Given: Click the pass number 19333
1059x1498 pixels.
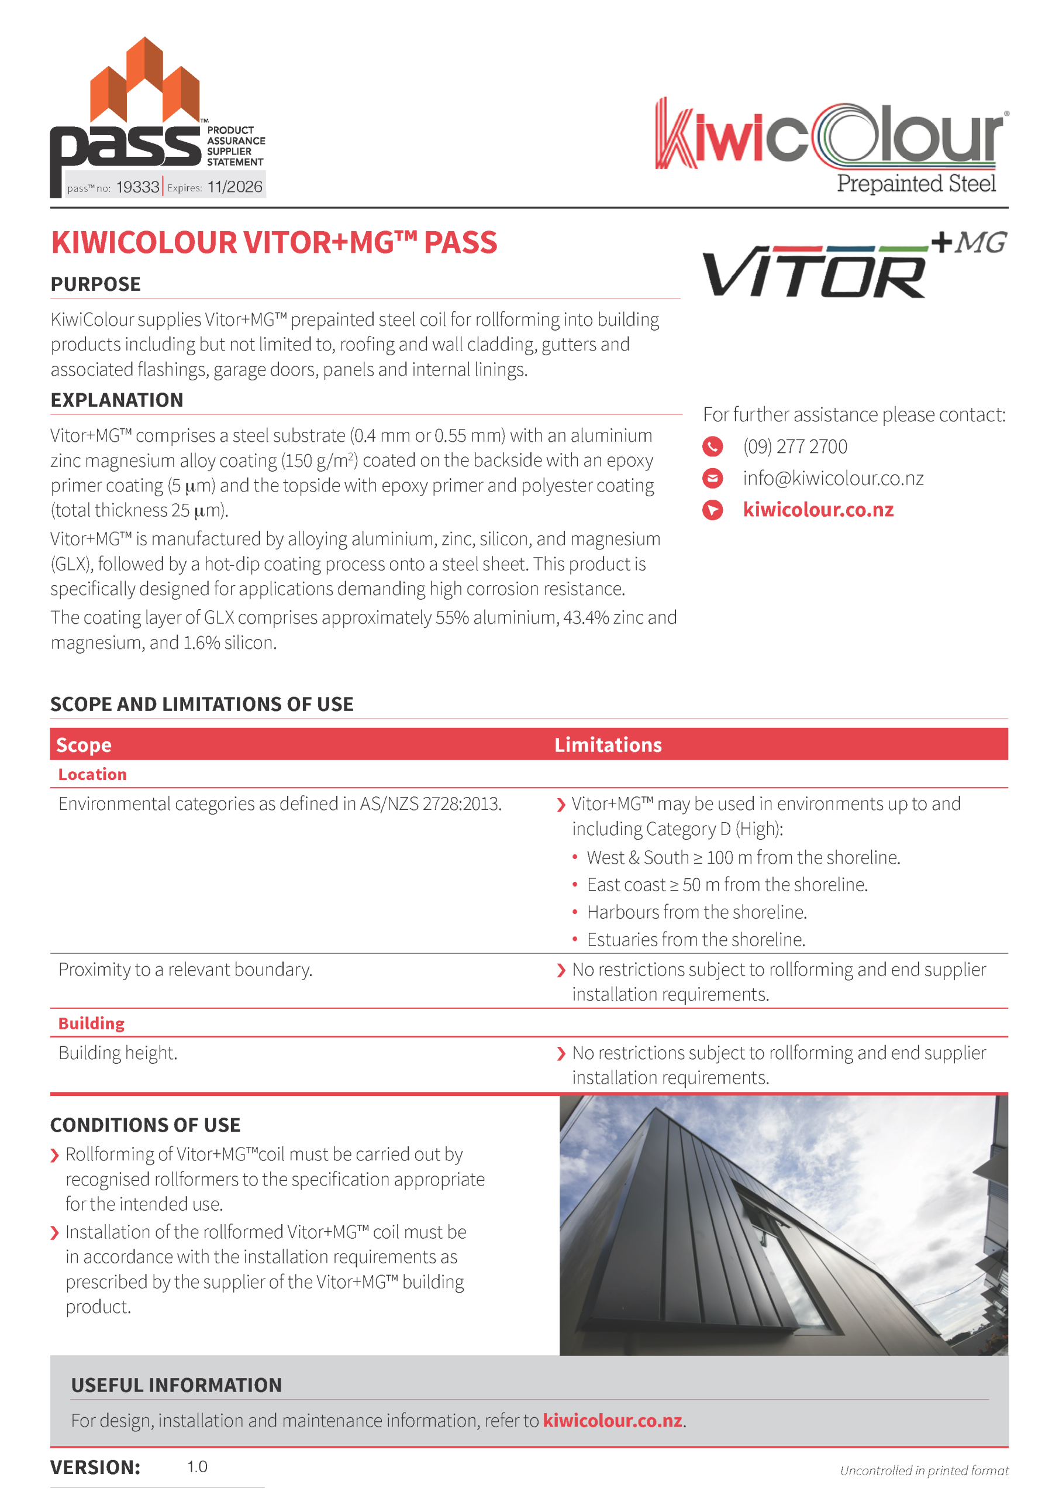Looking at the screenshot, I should coord(137,187).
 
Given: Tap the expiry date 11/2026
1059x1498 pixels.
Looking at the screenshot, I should coord(234,187).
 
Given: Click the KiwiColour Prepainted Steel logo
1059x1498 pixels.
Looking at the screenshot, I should coord(831,145).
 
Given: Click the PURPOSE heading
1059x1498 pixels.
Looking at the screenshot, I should coord(96,284).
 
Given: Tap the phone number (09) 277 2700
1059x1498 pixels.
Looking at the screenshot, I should coord(795,447).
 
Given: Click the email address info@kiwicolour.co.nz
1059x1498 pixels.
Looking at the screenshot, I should coord(833,478).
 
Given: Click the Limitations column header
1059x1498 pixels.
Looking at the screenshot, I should coord(608,745).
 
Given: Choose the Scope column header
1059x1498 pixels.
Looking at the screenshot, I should coord(84,745).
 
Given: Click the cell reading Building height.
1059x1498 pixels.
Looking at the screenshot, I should coord(118,1053).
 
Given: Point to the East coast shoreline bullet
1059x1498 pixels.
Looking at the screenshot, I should coord(726,885).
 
